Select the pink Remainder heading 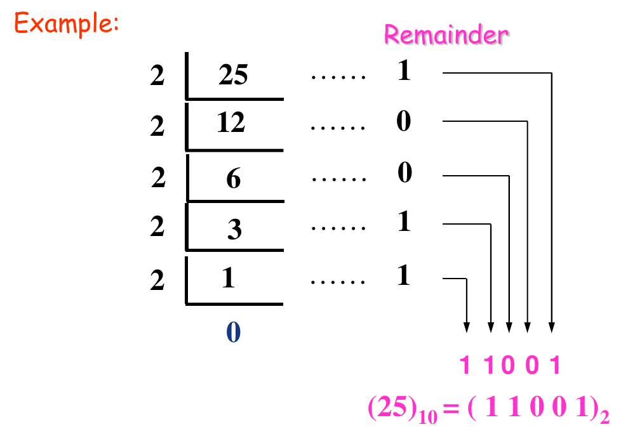(446, 35)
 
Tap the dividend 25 (233, 76)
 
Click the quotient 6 (234, 180)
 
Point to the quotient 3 (234, 229)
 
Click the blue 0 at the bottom (233, 332)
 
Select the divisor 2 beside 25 (157, 77)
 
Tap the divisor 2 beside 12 (157, 127)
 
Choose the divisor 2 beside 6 (158, 178)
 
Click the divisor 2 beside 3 (157, 227)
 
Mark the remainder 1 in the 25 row (404, 71)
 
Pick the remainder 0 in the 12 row (404, 121)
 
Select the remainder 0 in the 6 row (405, 173)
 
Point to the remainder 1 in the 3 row (404, 222)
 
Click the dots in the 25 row (338, 77)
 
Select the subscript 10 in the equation (427, 417)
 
